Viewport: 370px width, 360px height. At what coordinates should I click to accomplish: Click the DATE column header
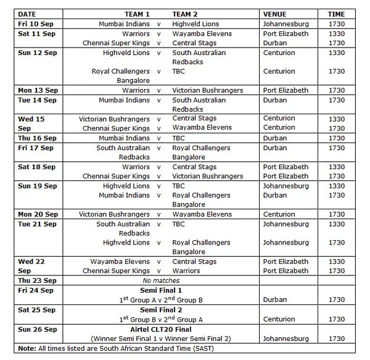click(27, 14)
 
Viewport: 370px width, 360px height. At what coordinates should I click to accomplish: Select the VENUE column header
click(274, 14)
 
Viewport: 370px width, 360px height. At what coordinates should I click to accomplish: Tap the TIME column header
click(336, 14)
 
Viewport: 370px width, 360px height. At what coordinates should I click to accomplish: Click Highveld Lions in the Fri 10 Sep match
click(195, 23)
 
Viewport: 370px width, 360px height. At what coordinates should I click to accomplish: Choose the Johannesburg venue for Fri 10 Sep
click(286, 23)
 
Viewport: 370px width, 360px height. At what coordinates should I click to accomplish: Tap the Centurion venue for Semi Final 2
click(279, 319)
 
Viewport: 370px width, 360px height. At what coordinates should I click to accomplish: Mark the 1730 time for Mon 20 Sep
click(337, 214)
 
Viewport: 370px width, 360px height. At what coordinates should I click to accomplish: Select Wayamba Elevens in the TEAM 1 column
click(120, 261)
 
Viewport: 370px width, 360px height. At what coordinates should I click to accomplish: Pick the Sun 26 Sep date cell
click(36, 329)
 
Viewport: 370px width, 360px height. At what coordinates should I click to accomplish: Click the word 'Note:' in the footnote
click(27, 348)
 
